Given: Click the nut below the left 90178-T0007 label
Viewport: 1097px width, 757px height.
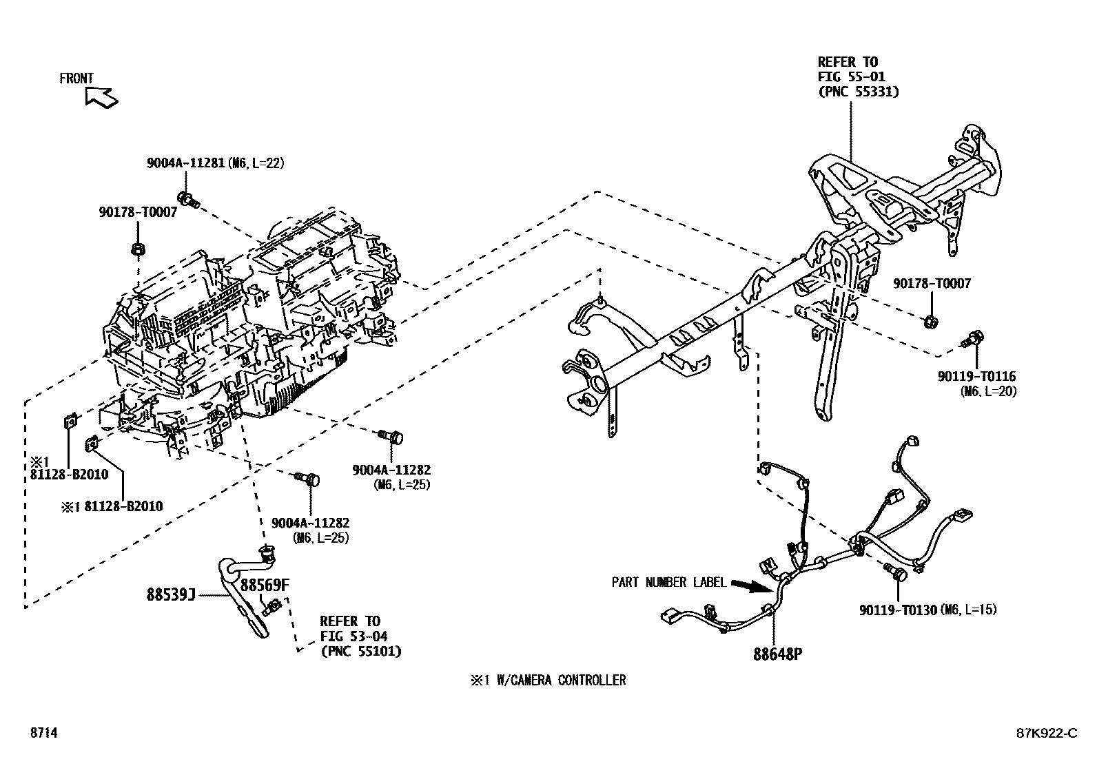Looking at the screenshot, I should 136,249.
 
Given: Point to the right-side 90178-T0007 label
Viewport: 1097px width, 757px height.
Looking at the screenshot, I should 932,284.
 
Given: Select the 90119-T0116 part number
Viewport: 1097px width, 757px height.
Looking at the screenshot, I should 976,377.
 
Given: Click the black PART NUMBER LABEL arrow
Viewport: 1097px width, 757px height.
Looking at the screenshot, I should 750,586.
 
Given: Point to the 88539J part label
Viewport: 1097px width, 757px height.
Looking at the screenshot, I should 171,594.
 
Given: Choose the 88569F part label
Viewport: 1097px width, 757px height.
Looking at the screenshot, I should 264,585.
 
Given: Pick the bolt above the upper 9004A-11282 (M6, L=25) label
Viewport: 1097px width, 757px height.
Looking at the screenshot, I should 391,436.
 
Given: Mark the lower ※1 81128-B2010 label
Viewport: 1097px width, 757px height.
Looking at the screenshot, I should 112,506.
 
